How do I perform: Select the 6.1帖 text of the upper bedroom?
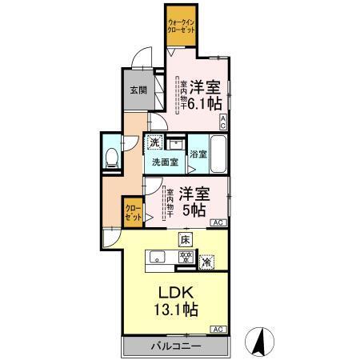(203, 104)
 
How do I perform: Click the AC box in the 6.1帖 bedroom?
(224, 122)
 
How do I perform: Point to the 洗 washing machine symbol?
(155, 142)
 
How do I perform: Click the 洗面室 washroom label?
(166, 162)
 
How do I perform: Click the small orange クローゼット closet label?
(133, 213)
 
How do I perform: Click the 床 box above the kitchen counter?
(184, 239)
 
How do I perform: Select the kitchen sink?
(157, 257)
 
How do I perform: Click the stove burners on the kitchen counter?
(186, 257)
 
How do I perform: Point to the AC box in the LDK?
(217, 329)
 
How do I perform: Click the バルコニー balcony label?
(176, 348)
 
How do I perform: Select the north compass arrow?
(259, 342)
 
